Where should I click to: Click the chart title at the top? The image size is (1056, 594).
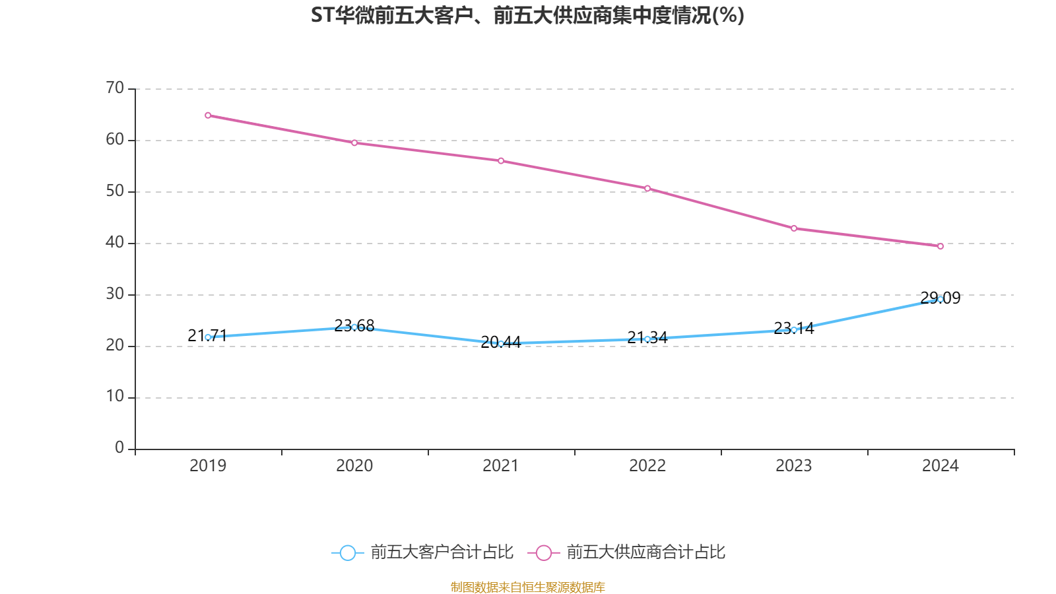tap(527, 15)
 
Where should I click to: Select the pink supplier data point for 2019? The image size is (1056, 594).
tap(208, 115)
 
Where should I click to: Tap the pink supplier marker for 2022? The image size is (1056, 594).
tap(647, 189)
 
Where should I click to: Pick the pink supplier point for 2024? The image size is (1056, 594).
tap(940, 246)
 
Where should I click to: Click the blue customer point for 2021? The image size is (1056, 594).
tap(501, 344)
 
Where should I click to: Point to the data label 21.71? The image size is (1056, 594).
tap(207, 335)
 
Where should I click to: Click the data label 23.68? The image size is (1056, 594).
tap(354, 325)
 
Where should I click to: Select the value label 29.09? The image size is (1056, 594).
tap(940, 298)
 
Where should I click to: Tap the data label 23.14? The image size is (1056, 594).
tap(794, 328)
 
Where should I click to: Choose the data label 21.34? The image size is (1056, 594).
tap(647, 337)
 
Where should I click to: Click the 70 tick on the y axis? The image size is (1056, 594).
tap(115, 88)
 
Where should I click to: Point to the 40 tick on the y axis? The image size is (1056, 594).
tap(115, 242)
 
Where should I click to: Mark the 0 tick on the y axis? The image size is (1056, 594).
tap(119, 447)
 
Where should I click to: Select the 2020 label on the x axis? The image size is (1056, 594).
tap(354, 466)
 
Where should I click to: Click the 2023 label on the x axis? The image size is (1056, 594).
tap(794, 466)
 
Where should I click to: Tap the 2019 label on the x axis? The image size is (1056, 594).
tap(208, 466)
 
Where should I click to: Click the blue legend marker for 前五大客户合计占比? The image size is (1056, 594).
tap(347, 552)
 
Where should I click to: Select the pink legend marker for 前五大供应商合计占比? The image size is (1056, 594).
tap(543, 552)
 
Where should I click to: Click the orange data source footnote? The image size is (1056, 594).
tap(527, 587)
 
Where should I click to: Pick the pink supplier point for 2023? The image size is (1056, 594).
tap(794, 228)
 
